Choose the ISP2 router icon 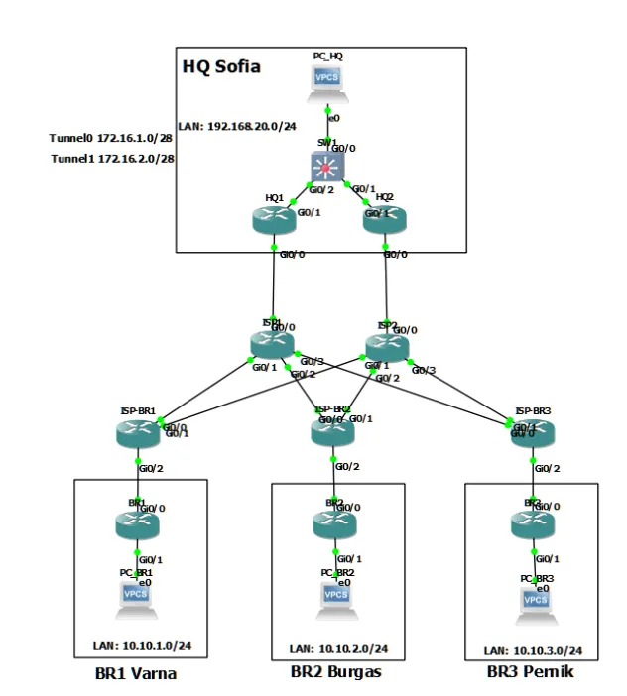point(386,345)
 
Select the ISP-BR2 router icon point(330,429)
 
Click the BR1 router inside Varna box point(137,522)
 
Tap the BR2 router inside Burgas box point(333,522)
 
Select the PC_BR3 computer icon point(536,599)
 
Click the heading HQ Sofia point(221,67)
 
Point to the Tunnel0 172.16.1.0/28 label point(112,138)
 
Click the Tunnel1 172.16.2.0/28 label point(112,158)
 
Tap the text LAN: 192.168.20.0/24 point(238,126)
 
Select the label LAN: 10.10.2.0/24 point(338,649)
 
